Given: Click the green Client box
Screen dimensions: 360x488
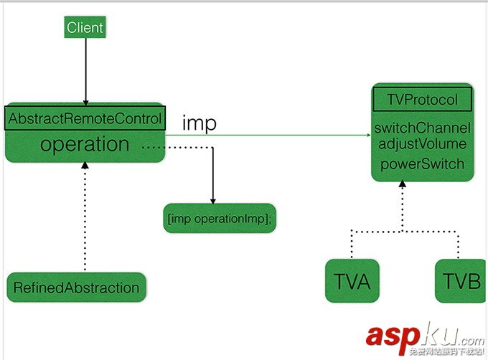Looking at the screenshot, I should click(85, 28).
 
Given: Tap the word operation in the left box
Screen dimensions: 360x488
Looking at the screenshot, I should click(85, 143).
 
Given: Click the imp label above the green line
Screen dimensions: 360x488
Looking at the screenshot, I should click(200, 123).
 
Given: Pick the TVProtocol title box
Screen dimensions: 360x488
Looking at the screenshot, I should click(421, 100).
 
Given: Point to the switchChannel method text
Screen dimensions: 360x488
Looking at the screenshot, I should click(421, 128).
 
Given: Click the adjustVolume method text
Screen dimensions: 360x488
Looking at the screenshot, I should click(421, 144).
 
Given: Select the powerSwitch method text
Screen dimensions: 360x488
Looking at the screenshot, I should click(421, 164).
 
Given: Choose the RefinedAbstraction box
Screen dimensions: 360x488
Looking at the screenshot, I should click(76, 288).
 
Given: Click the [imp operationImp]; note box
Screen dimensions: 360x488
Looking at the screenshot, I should click(220, 219).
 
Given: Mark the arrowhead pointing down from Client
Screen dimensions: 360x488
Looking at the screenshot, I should click(85, 103).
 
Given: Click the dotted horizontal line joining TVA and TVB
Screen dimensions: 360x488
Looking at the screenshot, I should click(403, 230).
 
